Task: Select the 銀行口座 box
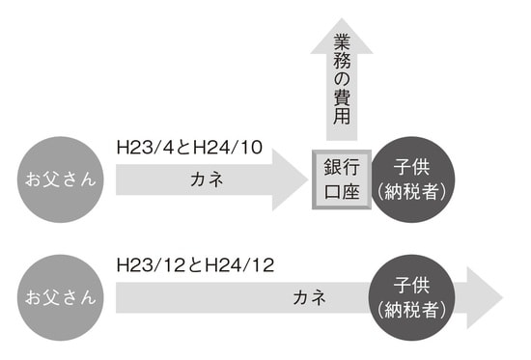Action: pyautogui.click(x=342, y=179)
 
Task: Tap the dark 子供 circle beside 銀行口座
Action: pyautogui.click(x=412, y=178)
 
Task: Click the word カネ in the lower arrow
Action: pyautogui.click(x=310, y=298)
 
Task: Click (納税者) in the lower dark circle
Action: pyautogui.click(x=412, y=311)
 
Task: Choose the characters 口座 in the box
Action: pyautogui.click(x=342, y=191)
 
